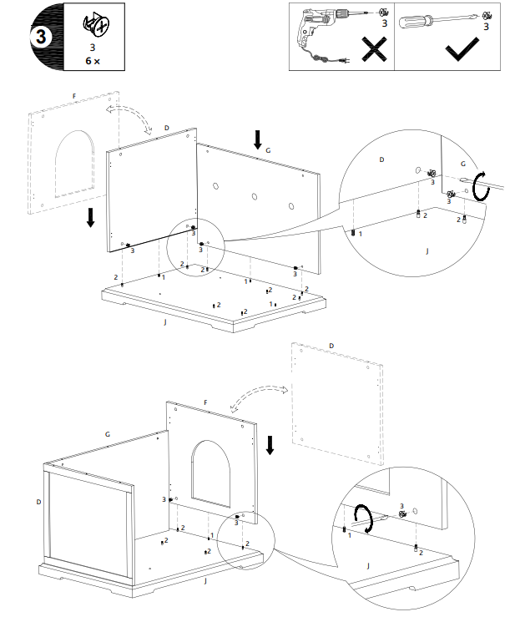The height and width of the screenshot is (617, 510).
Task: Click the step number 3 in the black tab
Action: [40, 38]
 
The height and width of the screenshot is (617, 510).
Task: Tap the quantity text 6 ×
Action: [93, 61]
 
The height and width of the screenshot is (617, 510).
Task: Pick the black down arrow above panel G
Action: [259, 139]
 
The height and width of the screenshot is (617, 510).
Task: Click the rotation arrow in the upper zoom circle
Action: [479, 187]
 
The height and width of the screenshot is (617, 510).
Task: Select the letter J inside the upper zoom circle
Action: [427, 250]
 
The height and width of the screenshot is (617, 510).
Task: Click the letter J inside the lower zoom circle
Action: [369, 565]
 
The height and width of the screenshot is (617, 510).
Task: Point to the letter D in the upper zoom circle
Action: [382, 159]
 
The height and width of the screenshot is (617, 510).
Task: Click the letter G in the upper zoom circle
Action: [464, 164]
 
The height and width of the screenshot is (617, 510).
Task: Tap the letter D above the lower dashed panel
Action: [331, 345]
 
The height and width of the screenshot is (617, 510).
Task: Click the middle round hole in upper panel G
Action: [255, 197]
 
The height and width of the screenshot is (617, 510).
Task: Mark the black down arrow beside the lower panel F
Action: [270, 445]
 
